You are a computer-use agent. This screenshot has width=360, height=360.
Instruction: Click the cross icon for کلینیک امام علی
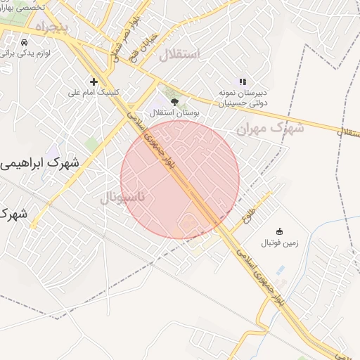click(x=94, y=82)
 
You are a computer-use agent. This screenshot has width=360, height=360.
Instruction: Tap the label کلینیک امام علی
click(x=94, y=92)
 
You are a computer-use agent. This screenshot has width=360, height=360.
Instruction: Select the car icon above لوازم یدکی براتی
click(x=25, y=41)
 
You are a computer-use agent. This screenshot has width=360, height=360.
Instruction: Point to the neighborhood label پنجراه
click(x=49, y=27)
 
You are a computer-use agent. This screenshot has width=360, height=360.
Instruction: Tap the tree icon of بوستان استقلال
click(x=174, y=102)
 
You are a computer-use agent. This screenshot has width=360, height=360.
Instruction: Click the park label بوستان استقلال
click(x=174, y=112)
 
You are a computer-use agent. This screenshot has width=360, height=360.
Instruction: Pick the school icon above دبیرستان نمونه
click(x=243, y=82)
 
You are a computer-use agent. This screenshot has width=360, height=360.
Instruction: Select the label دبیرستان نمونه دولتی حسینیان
click(x=243, y=98)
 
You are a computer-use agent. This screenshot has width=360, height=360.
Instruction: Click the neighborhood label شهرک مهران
click(x=270, y=129)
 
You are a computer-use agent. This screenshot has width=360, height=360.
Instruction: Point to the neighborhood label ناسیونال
click(x=122, y=198)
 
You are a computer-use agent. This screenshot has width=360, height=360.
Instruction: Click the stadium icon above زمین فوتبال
click(x=279, y=232)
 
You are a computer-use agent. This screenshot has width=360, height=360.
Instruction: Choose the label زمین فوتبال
click(x=281, y=243)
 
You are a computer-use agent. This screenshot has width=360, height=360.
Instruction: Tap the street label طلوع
click(x=247, y=208)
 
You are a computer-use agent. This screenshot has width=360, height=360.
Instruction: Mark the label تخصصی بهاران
click(x=21, y=6)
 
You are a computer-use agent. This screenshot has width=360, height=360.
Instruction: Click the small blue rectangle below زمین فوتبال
click(x=281, y=270)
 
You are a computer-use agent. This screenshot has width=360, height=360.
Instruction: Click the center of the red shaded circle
click(x=180, y=179)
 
